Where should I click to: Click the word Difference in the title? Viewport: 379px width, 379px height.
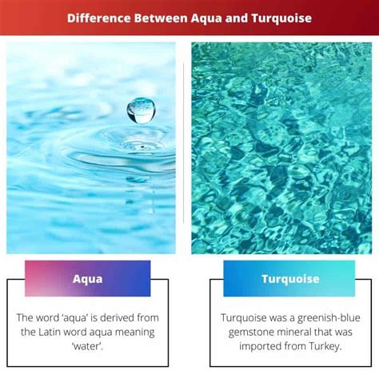click(x=99, y=18)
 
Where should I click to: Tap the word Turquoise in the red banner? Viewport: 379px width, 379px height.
click(x=281, y=18)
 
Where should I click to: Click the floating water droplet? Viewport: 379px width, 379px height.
click(x=141, y=111)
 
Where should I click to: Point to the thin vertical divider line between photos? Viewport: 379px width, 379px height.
click(x=183, y=143)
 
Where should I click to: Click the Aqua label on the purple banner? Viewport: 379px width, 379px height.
click(x=87, y=279)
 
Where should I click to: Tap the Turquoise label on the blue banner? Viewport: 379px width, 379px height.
click(x=290, y=279)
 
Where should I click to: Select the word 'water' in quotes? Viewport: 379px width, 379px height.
click(x=87, y=346)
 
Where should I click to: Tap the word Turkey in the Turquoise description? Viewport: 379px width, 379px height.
click(x=325, y=347)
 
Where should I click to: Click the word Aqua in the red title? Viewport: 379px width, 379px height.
click(x=206, y=19)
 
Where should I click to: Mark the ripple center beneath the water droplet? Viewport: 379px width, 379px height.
click(x=142, y=146)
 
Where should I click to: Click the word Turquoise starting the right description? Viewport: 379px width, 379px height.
click(x=244, y=318)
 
